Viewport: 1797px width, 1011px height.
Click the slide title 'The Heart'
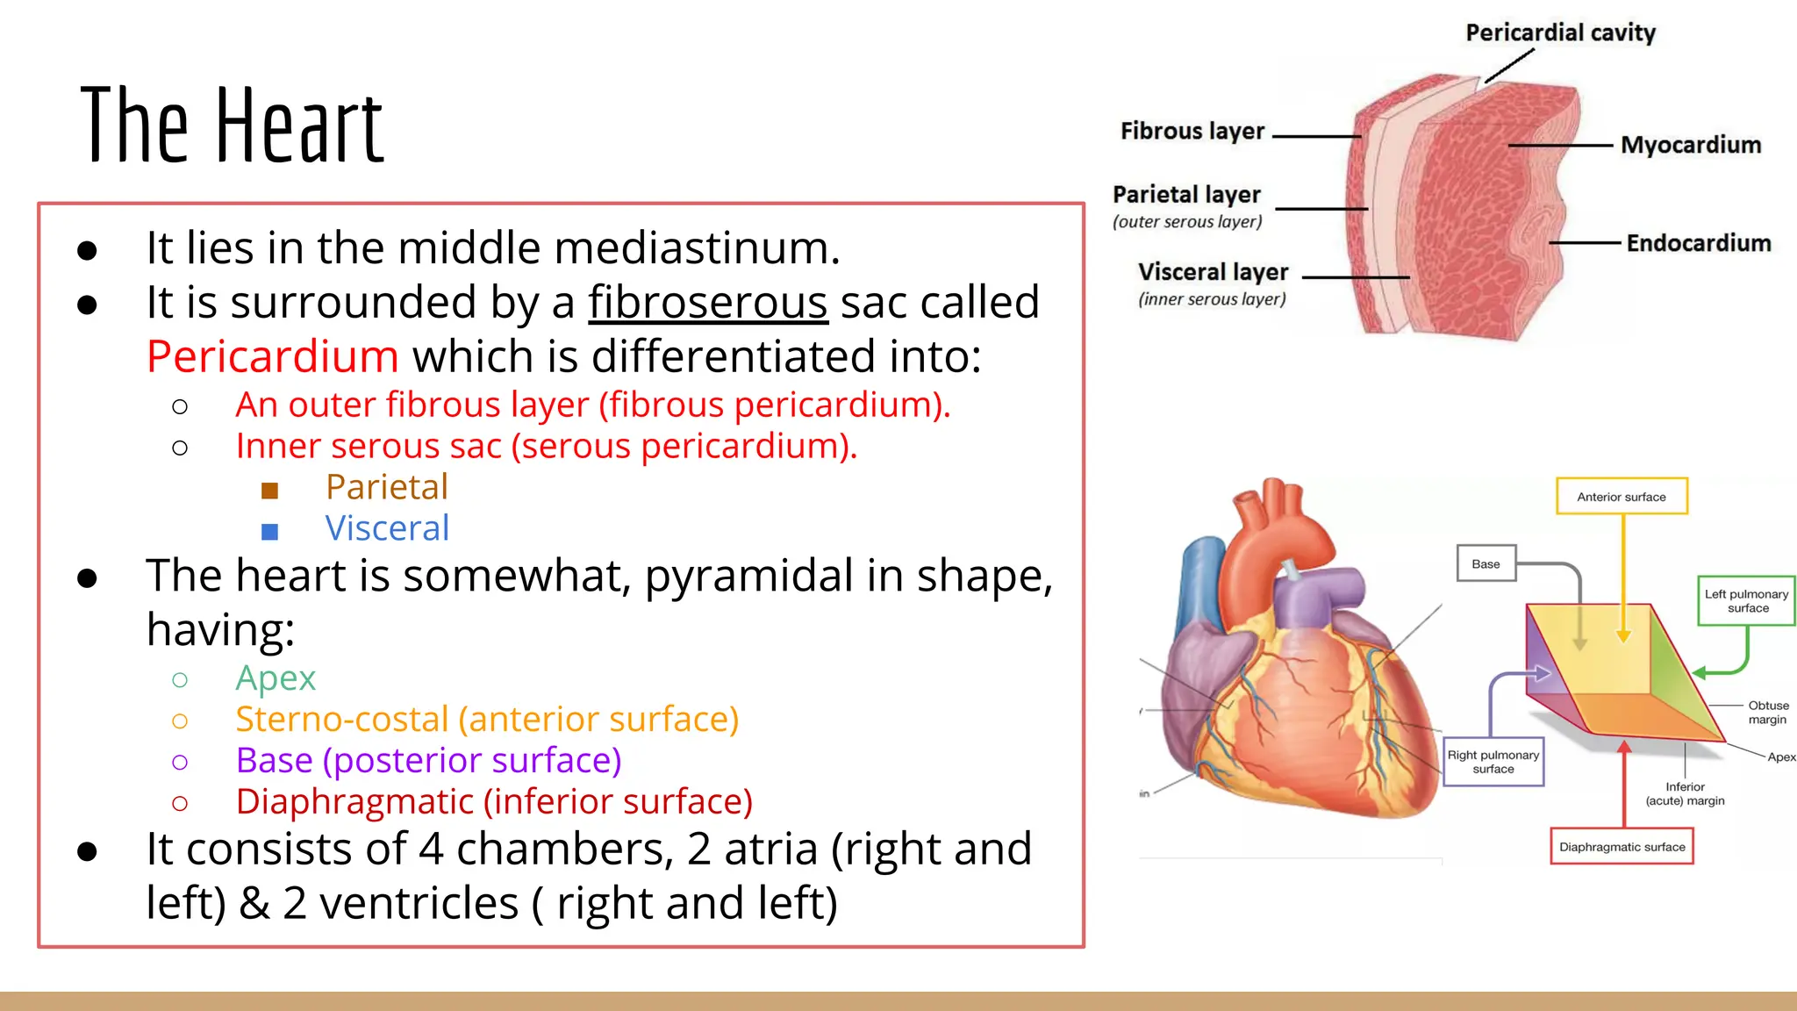tap(232, 125)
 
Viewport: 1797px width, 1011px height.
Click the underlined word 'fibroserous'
tap(707, 303)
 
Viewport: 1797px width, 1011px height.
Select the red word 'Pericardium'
tap(273, 357)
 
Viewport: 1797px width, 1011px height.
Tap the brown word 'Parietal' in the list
tap(386, 487)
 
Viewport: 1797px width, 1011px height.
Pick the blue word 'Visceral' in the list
tap(387, 528)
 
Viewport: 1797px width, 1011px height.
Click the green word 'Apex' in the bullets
tap(275, 678)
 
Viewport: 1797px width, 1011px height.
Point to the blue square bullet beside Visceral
tap(269, 531)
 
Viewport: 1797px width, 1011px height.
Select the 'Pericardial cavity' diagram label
tap(1560, 33)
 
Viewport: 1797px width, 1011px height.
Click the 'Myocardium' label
tap(1690, 145)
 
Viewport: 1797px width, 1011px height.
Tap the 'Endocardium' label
tap(1698, 243)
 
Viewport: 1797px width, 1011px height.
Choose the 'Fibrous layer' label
tap(1192, 132)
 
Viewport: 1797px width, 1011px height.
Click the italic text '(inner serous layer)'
tap(1212, 299)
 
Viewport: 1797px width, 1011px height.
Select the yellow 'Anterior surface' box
tap(1621, 497)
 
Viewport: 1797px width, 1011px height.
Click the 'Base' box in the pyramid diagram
tap(1486, 564)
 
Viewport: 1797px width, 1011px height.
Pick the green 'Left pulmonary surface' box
tap(1746, 601)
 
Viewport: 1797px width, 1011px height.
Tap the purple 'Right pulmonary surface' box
tap(1493, 762)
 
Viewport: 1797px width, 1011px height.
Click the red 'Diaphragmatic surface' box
tap(1622, 847)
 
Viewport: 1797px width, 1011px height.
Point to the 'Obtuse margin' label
tap(1767, 713)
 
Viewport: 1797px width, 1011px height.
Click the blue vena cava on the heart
tap(1200, 579)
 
